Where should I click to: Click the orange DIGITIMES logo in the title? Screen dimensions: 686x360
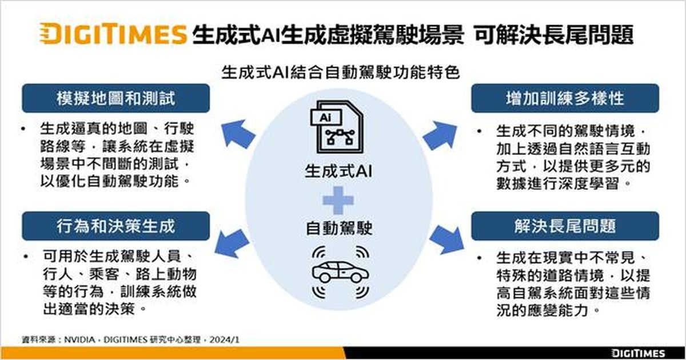coord(113,34)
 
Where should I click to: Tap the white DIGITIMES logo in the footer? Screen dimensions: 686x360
coord(638,353)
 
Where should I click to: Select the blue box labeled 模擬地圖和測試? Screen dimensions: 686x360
coord(115,98)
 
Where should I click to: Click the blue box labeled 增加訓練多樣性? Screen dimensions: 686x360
coord(565,98)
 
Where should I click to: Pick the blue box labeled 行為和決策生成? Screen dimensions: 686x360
coord(115,226)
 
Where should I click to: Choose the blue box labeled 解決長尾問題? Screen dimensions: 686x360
coord(565,226)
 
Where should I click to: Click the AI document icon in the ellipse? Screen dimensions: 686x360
coord(337,127)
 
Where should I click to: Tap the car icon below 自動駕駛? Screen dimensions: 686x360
coord(340,272)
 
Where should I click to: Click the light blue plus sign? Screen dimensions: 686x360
coord(338,201)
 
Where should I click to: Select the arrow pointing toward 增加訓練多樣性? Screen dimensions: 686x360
coord(440,135)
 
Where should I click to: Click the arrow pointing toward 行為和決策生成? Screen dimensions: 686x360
coord(232,243)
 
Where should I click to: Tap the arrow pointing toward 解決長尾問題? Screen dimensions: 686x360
coord(447,240)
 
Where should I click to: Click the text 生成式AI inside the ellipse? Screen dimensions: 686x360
coord(338,171)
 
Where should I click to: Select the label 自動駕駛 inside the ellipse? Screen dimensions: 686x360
coord(339,229)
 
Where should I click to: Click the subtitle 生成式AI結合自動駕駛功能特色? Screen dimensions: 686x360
coord(340,73)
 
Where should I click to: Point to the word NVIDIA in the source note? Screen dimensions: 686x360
coord(79,339)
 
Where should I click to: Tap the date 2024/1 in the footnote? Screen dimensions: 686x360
coord(225,339)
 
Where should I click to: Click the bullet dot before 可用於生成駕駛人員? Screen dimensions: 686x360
coord(26,256)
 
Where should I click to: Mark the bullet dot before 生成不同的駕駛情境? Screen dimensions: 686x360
coord(479,131)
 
